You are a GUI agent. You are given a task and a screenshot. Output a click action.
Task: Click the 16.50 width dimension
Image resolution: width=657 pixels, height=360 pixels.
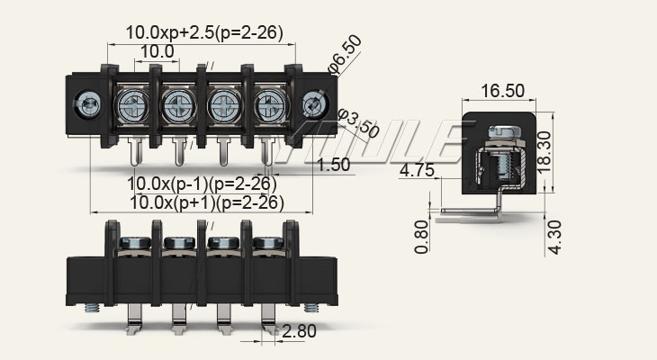tap(502, 90)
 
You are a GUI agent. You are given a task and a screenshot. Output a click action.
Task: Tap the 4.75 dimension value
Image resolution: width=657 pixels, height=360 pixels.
tap(418, 170)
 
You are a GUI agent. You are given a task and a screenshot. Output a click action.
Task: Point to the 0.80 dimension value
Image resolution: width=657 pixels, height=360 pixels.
tap(422, 236)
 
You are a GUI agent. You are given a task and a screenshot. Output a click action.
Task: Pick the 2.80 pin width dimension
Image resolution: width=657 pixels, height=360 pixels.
tap(299, 331)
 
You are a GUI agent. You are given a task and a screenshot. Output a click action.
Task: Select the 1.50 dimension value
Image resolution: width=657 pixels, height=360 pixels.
tap(334, 164)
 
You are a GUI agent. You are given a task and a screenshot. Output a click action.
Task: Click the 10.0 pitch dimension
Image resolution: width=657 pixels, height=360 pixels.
tap(157, 52)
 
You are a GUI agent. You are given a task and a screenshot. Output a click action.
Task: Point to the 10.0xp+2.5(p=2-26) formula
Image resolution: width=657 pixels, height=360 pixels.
tap(204, 32)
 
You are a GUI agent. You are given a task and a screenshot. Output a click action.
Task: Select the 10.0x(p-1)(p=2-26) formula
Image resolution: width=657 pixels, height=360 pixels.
tap(202, 184)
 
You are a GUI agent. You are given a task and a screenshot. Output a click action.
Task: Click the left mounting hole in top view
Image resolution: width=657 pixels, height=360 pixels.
tap(90, 105)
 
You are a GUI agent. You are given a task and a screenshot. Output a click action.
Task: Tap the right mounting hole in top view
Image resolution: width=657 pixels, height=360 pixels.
tap(314, 105)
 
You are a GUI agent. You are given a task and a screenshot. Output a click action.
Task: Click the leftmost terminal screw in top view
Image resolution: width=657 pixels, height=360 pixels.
tap(133, 104)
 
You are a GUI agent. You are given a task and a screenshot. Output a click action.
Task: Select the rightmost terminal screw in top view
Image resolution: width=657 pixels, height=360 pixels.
tap(268, 104)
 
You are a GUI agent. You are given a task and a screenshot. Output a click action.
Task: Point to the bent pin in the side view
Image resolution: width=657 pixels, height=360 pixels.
tap(468, 216)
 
